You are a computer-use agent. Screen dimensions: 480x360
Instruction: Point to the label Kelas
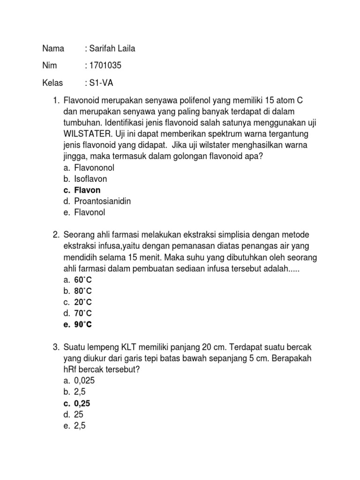tap(52, 83)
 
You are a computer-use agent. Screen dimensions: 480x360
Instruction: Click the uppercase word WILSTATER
tap(88, 134)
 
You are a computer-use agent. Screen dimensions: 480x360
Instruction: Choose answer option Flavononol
tap(94, 168)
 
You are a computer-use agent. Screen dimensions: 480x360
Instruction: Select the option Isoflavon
tap(90, 179)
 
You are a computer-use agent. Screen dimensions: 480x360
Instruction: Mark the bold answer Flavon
tap(87, 190)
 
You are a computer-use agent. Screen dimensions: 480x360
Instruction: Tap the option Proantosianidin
tap(102, 201)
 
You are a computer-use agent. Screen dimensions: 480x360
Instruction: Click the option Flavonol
tap(90, 212)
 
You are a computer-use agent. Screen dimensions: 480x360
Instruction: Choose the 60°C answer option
tap(83, 279)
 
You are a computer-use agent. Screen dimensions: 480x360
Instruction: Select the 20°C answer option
tap(83, 302)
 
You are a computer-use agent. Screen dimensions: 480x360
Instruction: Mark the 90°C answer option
tap(83, 324)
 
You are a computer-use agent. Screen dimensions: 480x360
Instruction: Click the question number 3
tap(55, 347)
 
